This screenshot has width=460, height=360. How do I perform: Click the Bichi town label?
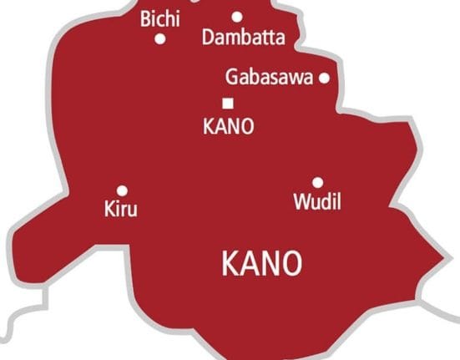coord(159,19)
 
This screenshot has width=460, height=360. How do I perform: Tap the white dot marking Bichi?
coord(160,38)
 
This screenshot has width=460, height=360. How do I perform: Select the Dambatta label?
coord(243,38)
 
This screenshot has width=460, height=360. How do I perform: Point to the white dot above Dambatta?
coord(237,16)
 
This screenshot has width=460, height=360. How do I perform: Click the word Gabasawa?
coord(269,78)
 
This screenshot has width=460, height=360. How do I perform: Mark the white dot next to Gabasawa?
coord(325,79)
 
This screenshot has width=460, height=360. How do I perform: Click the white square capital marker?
coord(227,103)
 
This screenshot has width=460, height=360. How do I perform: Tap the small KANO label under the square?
coord(228,127)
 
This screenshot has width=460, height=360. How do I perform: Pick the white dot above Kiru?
coord(122,190)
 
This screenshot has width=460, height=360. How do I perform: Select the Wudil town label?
coord(317,201)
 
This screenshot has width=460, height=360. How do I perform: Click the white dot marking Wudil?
coord(317,182)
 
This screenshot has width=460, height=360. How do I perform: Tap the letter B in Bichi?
coord(146,19)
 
